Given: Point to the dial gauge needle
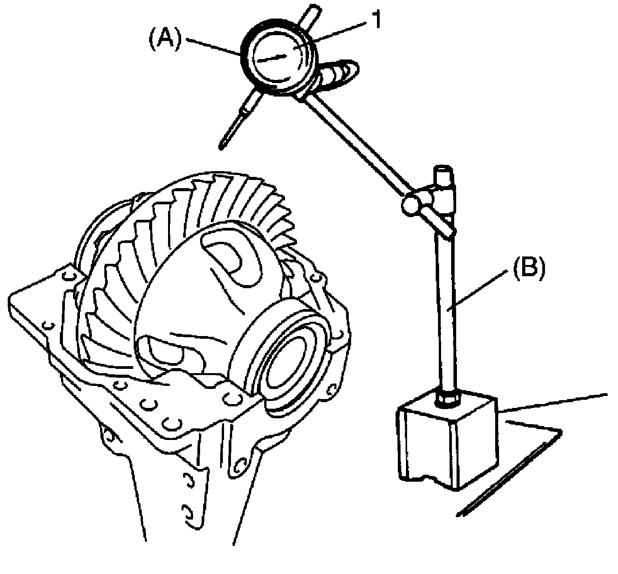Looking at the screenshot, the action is [272, 58].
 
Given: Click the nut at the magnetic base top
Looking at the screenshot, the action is [448, 399].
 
